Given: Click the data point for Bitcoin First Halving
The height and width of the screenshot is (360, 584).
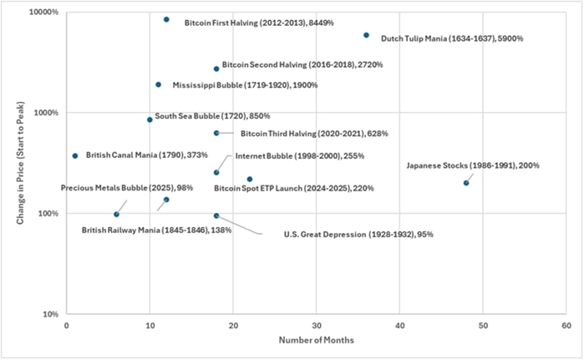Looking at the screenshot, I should point(166,19).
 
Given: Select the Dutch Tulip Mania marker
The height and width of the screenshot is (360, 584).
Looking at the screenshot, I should point(366,35).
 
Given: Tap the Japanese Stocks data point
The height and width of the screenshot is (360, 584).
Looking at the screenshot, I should point(466,183).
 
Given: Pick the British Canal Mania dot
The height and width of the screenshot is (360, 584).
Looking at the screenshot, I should point(75,155).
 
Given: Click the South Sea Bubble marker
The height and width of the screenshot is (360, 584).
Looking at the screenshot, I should point(150,119).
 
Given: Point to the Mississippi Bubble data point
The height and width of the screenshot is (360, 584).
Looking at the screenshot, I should point(158,84).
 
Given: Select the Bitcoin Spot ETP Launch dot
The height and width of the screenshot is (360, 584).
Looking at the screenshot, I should point(250,179).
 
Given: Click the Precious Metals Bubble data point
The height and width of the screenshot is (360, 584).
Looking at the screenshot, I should point(116,214).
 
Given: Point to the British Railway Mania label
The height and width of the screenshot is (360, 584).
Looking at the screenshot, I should point(156,229).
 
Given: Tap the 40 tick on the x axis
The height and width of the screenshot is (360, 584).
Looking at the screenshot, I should point(399,324).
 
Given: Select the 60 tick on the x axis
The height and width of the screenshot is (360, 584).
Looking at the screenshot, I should point(566,324).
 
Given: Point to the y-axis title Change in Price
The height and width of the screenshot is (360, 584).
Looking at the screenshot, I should point(19,163).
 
